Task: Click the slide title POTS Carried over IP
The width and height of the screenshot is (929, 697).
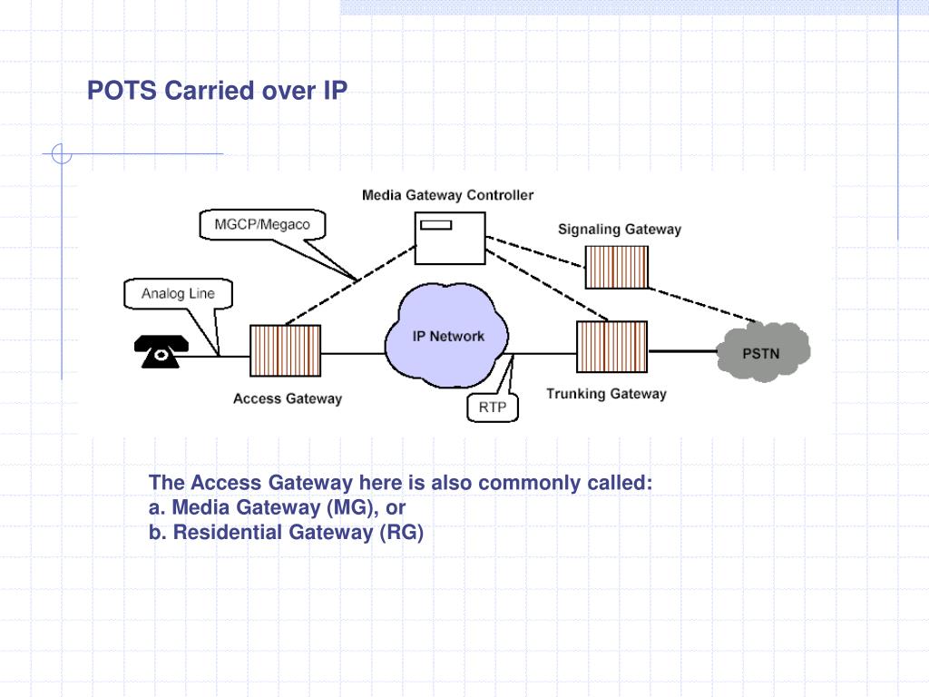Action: pyautogui.click(x=217, y=92)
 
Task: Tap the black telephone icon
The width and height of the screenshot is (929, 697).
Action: pyautogui.click(x=161, y=351)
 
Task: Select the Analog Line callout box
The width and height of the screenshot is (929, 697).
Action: pyautogui.click(x=177, y=293)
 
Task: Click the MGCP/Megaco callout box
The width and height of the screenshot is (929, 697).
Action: pyautogui.click(x=261, y=224)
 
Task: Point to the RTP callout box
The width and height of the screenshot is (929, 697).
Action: pyautogui.click(x=493, y=407)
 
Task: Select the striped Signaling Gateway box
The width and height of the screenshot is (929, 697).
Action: pyautogui.click(x=617, y=266)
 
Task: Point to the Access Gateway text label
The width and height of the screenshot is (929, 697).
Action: pyautogui.click(x=288, y=398)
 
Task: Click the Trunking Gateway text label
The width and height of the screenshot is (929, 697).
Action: pyautogui.click(x=606, y=394)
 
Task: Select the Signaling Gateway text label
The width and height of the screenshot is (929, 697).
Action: pyautogui.click(x=619, y=230)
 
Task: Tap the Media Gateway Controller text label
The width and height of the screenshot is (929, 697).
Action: pyautogui.click(x=447, y=195)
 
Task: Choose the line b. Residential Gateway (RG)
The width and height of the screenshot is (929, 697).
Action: pyautogui.click(x=287, y=533)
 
